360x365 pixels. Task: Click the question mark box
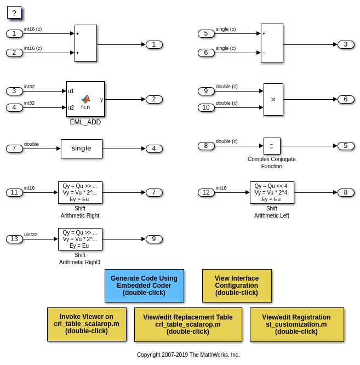[14, 13]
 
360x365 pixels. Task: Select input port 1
[14, 33]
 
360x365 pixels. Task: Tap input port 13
[14, 239]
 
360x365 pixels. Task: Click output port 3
[346, 44]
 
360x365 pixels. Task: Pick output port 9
[154, 239]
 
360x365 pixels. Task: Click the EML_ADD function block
[85, 99]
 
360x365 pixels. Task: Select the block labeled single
[81, 149]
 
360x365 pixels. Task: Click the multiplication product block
[273, 99]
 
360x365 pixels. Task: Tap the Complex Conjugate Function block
[272, 146]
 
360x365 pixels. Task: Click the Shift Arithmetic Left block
[272, 192]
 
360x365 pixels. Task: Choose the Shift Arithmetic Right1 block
[80, 239]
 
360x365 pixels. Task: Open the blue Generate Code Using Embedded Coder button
[144, 286]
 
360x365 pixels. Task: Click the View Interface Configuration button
[237, 286]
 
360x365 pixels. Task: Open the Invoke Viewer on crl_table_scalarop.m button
[87, 324]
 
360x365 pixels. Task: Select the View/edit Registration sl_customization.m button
[296, 324]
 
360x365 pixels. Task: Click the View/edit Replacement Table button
[188, 324]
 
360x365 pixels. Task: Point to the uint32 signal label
[31, 235]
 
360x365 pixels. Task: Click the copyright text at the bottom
[188, 355]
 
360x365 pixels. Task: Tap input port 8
[206, 146]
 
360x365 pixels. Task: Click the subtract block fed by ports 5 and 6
[272, 43]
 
